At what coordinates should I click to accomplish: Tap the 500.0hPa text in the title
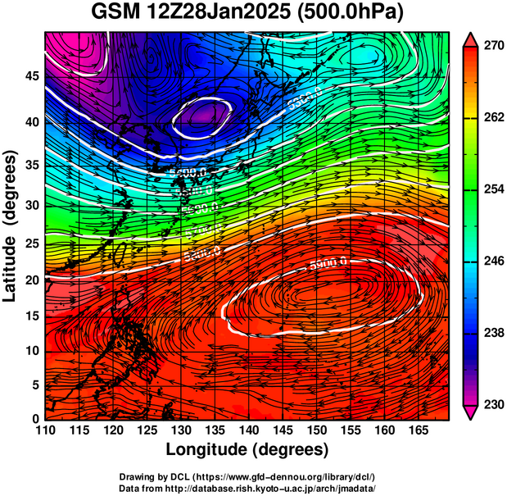point(354,13)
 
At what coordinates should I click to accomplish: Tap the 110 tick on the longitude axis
point(46,430)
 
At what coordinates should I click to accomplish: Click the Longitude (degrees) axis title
point(247,449)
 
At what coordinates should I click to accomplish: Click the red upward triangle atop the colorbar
point(470,39)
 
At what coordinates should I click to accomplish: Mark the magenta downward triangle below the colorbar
point(470,412)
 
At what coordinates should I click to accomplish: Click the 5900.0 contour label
point(328,264)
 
